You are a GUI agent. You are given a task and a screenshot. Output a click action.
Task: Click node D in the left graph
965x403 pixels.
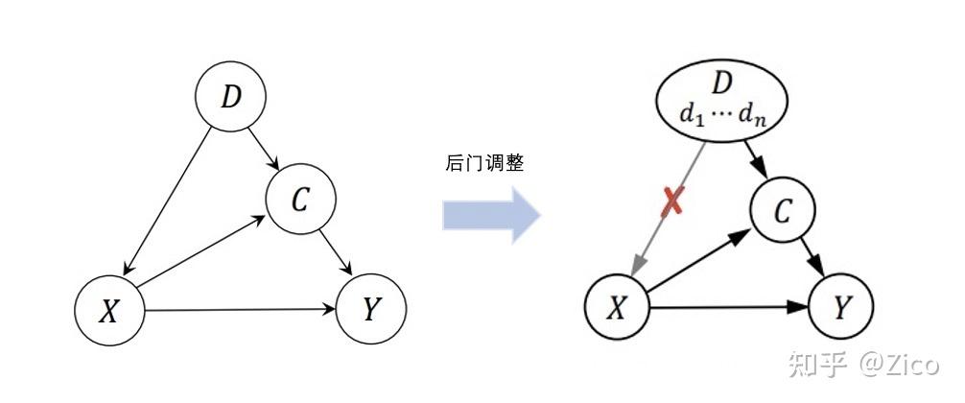pos(230,97)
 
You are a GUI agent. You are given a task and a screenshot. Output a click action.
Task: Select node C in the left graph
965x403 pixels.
pos(301,199)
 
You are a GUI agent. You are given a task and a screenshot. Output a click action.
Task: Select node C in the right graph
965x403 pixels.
pos(783,212)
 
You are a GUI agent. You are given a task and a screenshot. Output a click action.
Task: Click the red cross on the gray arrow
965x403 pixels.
pos(672,202)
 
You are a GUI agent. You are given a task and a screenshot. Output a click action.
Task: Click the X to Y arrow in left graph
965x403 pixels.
pos(240,309)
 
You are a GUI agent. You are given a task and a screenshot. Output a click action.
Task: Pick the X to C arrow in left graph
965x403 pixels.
pos(203,252)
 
